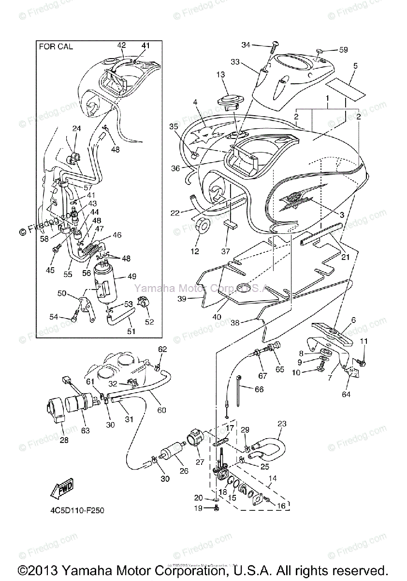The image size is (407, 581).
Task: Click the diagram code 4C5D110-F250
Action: [76, 510]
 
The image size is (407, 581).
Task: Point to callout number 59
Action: [343, 50]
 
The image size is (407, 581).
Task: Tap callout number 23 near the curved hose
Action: [282, 424]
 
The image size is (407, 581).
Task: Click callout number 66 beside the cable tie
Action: [259, 389]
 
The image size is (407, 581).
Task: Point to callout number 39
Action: [182, 299]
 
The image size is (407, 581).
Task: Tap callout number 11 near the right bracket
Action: [363, 341]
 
